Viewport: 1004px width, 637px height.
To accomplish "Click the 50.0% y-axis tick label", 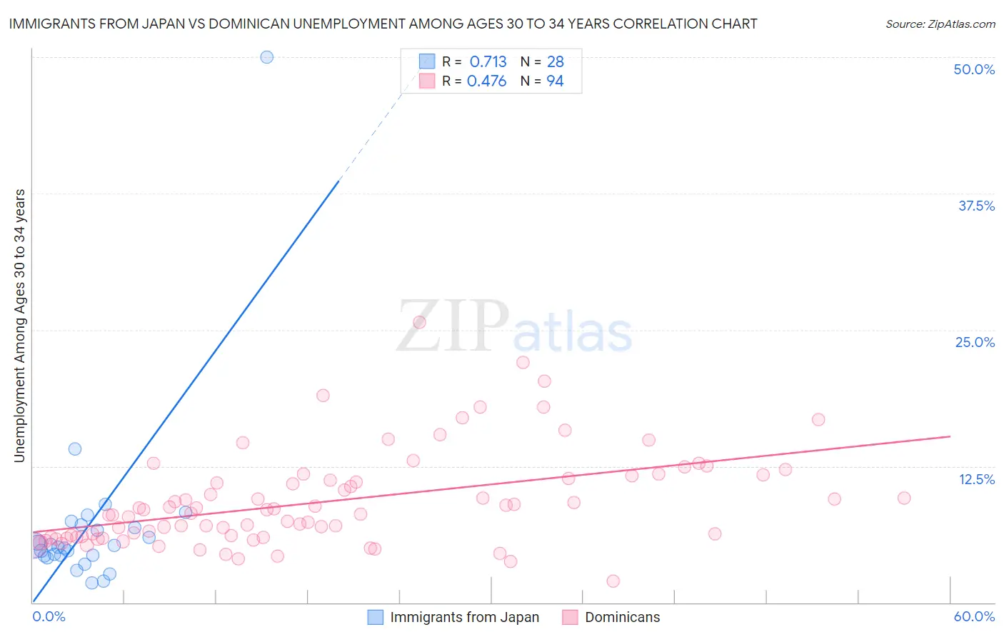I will (974, 69).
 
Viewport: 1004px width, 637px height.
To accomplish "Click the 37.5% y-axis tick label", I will (976, 206).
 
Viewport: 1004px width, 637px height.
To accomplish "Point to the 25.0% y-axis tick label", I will (975, 342).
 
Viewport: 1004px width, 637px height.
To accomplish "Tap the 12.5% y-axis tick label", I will (976, 479).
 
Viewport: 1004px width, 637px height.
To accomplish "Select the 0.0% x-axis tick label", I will (49, 616).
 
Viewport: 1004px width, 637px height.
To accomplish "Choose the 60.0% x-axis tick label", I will (974, 616).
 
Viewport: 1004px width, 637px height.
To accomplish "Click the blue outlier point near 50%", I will (266, 57).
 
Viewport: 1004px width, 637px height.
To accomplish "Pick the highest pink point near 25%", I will (419, 322).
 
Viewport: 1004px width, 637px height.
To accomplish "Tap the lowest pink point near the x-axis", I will (613, 581).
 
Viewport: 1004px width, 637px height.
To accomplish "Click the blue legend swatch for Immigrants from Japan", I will (376, 617).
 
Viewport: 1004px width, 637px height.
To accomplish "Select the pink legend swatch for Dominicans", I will (570, 617).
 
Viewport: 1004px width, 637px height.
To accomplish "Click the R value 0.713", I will (488, 62).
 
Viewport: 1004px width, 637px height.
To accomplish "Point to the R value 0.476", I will (486, 81).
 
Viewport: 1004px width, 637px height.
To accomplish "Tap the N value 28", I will (555, 62).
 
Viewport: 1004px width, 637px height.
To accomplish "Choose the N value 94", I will (555, 81).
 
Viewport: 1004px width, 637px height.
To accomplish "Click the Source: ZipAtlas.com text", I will (940, 24).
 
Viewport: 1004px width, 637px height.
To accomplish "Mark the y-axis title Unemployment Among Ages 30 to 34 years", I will (20, 326).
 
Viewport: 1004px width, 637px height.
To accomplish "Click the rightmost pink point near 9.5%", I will (904, 498).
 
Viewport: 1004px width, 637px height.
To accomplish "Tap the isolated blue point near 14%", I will (74, 449).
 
